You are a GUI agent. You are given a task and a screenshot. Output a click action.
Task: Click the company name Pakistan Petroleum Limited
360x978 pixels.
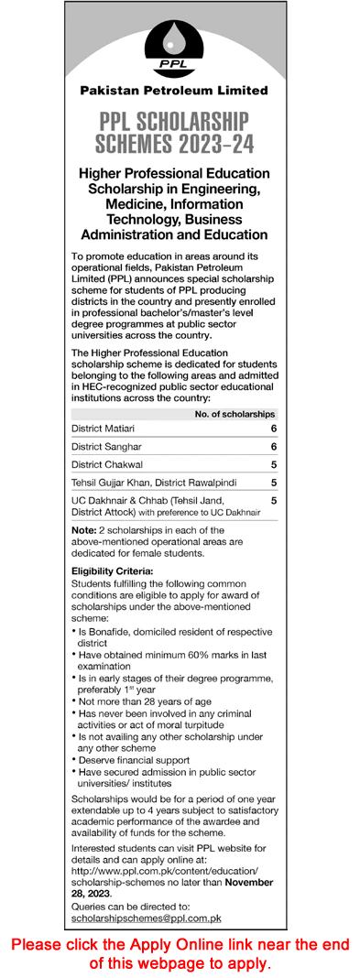174,91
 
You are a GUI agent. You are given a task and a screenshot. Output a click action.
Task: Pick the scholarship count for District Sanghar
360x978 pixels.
273,446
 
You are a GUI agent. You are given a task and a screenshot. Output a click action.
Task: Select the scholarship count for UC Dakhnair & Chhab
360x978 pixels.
273,501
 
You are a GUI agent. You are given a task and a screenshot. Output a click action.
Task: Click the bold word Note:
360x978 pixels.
84,531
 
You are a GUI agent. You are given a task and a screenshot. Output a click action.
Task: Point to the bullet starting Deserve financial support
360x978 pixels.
134,759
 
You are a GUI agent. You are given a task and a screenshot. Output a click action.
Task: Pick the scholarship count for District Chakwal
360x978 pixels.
273,463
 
